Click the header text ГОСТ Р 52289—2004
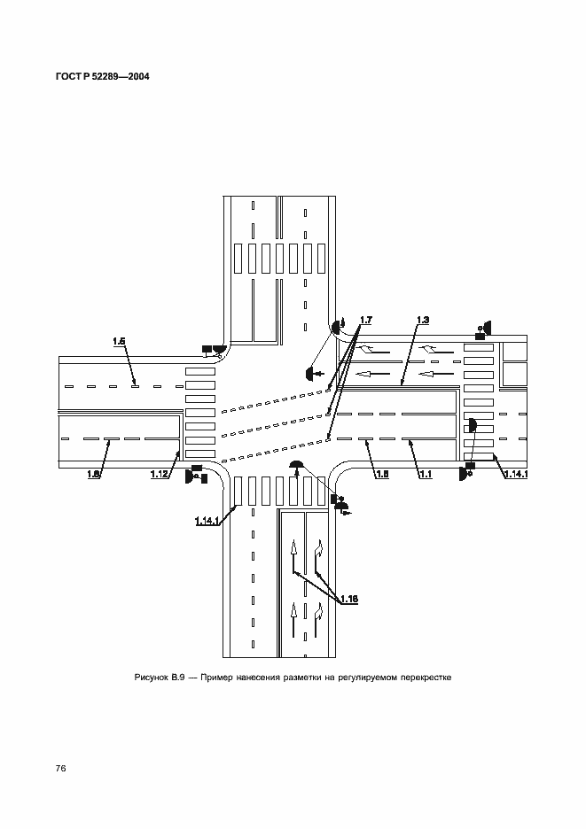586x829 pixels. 102,76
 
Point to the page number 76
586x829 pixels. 60,768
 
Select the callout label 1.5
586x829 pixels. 119,342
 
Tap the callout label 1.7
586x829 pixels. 366,320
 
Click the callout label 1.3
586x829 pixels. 422,320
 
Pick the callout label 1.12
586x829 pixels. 160,474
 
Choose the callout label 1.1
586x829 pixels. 426,474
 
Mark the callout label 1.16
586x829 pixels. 348,599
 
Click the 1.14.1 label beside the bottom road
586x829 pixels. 207,522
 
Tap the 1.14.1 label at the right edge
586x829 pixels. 516,474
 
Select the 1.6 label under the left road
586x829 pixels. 93,474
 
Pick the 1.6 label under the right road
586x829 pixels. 382,474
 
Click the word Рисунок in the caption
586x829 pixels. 151,678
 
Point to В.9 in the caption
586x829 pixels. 177,678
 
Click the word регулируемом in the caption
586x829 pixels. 369,678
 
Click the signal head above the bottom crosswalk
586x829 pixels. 296,465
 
